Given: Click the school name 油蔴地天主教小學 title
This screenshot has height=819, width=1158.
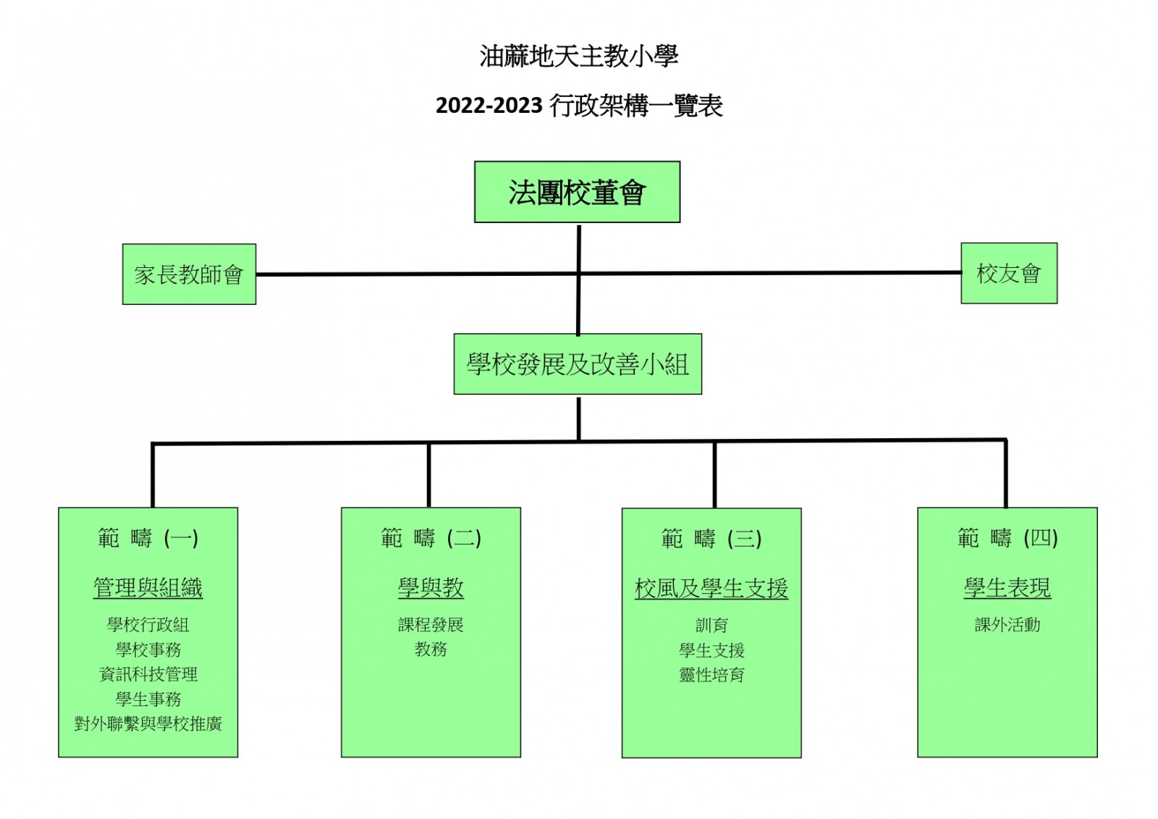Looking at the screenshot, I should [578, 56].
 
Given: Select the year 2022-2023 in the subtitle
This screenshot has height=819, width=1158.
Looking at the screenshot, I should [489, 106].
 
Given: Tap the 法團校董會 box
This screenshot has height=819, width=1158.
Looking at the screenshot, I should [577, 192].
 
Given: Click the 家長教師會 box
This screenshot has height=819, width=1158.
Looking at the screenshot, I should [189, 274].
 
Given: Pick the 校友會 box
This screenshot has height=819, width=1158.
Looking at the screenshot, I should [1008, 273].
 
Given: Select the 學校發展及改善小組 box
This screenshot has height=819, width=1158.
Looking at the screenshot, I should [578, 364].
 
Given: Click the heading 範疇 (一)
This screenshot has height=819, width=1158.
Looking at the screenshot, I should [148, 538].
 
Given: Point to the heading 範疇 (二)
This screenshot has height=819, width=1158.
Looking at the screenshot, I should [431, 538].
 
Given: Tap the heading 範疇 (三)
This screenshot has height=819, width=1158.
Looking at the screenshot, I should [711, 539].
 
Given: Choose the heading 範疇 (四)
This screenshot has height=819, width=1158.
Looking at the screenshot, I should [1007, 538].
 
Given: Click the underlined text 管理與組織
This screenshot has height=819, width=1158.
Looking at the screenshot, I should [148, 588].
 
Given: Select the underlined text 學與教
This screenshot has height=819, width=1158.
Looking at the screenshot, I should [431, 588].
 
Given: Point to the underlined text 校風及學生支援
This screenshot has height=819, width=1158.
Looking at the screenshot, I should [711, 589].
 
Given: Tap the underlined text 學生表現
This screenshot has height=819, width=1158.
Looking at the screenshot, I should [1007, 588].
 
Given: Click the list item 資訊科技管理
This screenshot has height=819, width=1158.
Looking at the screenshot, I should [148, 674].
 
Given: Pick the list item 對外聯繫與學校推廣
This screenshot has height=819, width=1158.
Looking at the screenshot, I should [148, 723].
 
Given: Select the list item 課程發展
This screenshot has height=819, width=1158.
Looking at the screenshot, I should [431, 625].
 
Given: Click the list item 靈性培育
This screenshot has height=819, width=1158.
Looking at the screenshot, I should [711, 675].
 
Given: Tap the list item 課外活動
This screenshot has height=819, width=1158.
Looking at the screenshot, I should [1007, 625].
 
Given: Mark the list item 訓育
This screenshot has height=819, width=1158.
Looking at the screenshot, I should [711, 625].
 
